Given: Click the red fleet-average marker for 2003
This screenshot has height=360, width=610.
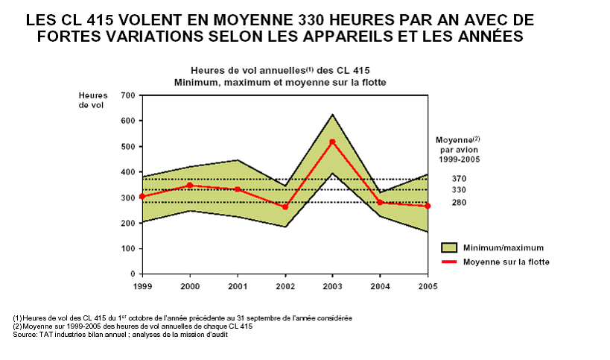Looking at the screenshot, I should [332, 142].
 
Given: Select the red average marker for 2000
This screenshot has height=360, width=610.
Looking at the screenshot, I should [190, 185].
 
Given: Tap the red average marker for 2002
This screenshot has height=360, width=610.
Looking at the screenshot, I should [285, 206].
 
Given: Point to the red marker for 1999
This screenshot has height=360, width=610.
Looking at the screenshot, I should [142, 197].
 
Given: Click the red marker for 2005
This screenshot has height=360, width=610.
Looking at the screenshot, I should [428, 206].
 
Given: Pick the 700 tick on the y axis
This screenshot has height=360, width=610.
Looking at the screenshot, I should [127, 95].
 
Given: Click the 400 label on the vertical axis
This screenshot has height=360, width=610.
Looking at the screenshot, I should [127, 172].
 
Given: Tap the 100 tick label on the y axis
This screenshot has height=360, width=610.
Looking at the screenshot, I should [127, 249].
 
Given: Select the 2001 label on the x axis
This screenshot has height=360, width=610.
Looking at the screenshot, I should [237, 286].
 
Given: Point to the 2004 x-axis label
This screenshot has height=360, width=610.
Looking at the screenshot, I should [380, 286].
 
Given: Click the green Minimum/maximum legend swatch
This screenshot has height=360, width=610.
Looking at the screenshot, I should [448, 247].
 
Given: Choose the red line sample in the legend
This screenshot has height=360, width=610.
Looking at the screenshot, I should [448, 262].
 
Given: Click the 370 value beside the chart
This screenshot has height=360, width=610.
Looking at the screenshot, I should [459, 179].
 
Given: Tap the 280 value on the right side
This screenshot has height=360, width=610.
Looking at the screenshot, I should [459, 202].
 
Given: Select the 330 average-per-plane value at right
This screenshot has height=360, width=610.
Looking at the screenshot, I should [459, 190].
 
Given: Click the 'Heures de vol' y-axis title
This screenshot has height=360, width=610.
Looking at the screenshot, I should [93, 101].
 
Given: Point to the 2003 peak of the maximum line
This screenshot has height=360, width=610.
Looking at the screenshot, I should [332, 114].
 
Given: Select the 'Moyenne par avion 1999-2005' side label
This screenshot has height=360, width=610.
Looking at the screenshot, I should [457, 148].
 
